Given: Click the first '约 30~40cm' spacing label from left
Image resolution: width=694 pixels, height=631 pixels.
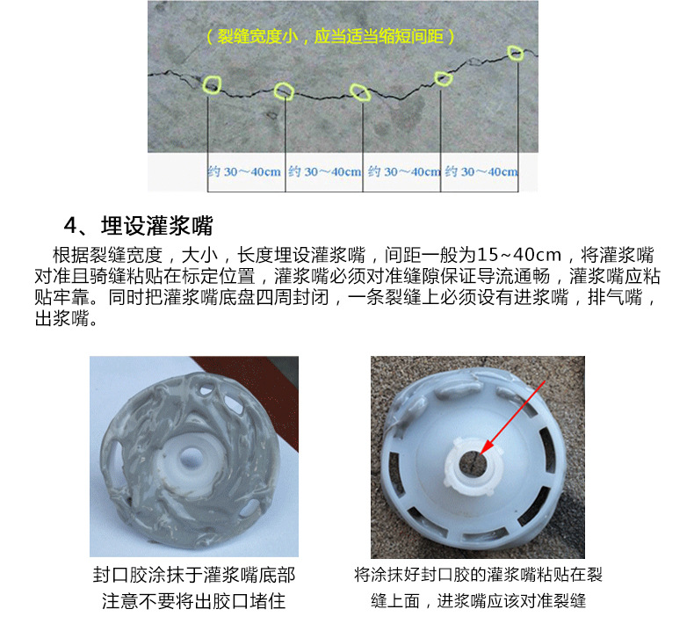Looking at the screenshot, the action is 245,171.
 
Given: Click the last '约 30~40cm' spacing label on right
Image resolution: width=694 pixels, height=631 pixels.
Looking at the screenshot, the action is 481,171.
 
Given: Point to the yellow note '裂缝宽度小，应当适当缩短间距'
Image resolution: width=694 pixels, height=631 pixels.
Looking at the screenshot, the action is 330,36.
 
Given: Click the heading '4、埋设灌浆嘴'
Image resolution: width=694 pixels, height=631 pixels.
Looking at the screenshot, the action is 139,225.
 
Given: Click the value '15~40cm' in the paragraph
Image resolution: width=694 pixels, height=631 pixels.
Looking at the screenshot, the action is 518,255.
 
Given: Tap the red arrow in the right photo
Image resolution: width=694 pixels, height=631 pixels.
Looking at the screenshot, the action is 512,417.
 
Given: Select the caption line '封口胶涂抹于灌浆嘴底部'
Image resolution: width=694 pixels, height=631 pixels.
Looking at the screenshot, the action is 194,576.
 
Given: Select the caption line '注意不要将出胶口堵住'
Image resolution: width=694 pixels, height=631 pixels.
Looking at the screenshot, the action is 194,601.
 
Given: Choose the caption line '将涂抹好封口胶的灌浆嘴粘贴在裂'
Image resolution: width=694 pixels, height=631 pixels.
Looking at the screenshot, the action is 478,575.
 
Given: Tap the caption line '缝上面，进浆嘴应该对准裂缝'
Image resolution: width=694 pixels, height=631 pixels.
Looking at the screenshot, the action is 478,601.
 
